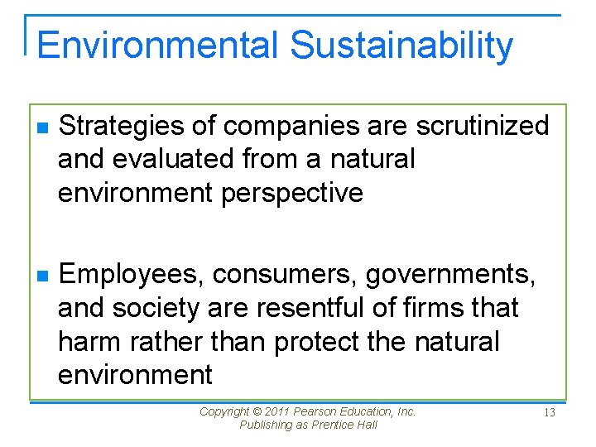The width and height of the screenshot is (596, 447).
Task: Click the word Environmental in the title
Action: click(157, 45)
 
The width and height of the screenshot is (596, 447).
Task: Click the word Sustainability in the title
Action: click(401, 46)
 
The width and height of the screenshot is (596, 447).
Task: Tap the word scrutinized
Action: click(483, 126)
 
